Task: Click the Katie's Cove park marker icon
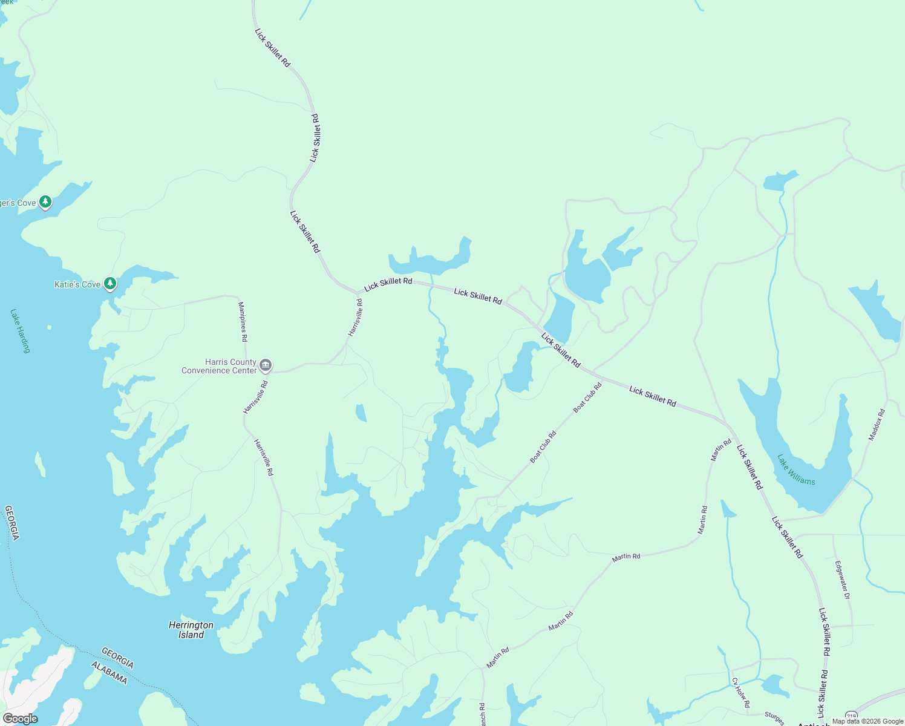click(x=109, y=283)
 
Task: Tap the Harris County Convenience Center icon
click(x=265, y=365)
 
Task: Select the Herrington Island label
click(x=191, y=630)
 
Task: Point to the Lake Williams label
click(x=796, y=470)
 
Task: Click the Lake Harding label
click(x=20, y=331)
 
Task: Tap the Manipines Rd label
click(x=243, y=322)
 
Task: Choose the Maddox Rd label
click(x=877, y=424)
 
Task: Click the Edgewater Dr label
click(x=842, y=580)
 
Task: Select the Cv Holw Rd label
click(x=741, y=693)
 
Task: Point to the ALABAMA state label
click(x=109, y=673)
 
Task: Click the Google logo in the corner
click(x=21, y=719)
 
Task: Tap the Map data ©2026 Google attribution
click(x=867, y=721)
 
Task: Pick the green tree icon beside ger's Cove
click(x=45, y=201)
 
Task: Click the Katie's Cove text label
click(x=77, y=284)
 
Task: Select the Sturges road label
click(x=774, y=718)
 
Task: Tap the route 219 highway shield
click(x=851, y=715)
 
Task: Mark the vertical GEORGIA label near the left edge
click(x=12, y=523)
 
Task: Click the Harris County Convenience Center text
click(x=219, y=367)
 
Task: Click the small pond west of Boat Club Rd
click(x=361, y=413)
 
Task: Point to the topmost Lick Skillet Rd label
click(x=273, y=47)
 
